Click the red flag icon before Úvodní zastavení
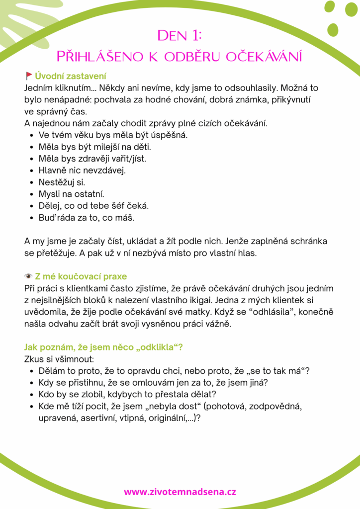point(28,76)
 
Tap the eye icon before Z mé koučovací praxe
point(28,276)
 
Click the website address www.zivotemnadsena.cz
point(180,492)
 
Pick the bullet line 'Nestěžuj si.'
point(62,182)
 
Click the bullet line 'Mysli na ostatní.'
point(71,194)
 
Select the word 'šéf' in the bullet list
point(122,206)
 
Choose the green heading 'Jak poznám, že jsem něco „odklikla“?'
point(103,347)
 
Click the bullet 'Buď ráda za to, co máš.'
point(86,218)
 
